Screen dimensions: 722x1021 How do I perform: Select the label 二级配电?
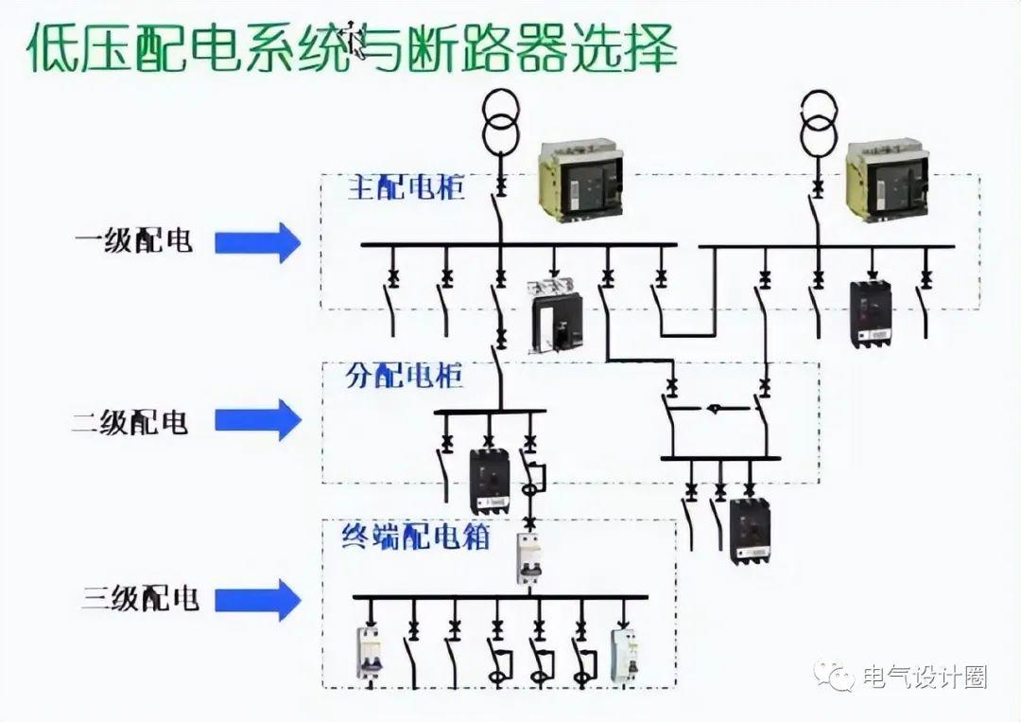coord(130,420)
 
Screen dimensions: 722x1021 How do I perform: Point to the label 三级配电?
coord(141,598)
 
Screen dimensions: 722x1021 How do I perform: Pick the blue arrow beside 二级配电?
coord(257,420)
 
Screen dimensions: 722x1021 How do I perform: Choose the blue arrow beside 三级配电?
coord(257,598)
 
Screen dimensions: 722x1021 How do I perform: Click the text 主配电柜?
coord(407,186)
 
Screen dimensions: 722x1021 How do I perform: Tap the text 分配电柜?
coord(405,375)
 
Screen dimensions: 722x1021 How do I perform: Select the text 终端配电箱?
coord(415,537)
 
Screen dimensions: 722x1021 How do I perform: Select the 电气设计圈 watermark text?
coord(926,678)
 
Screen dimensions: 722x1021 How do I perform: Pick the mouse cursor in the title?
coord(356,40)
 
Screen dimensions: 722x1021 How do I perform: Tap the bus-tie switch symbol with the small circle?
coord(715,409)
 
